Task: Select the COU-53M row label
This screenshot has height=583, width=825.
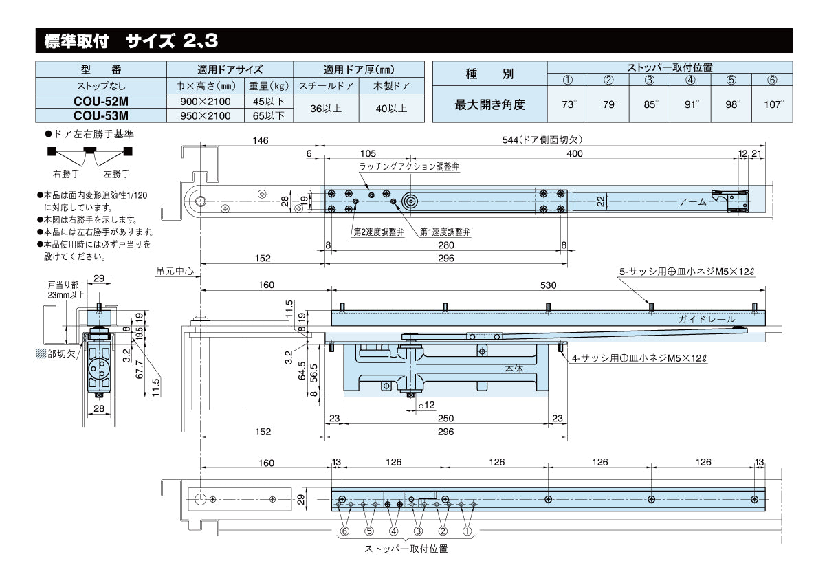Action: click(x=100, y=115)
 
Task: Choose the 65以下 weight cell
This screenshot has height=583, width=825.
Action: click(x=269, y=115)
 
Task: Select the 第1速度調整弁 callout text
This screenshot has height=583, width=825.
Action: click(x=445, y=232)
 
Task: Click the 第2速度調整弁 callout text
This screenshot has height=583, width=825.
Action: click(x=379, y=232)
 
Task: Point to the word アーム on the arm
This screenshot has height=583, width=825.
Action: click(x=692, y=202)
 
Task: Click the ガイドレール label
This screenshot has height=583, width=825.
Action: click(x=706, y=319)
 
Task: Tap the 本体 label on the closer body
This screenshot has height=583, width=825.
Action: click(x=514, y=368)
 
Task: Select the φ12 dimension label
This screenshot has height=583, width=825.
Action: click(x=428, y=406)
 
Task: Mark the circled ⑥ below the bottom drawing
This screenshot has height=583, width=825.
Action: click(x=344, y=531)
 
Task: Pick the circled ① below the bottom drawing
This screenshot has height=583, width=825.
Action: click(x=467, y=531)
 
